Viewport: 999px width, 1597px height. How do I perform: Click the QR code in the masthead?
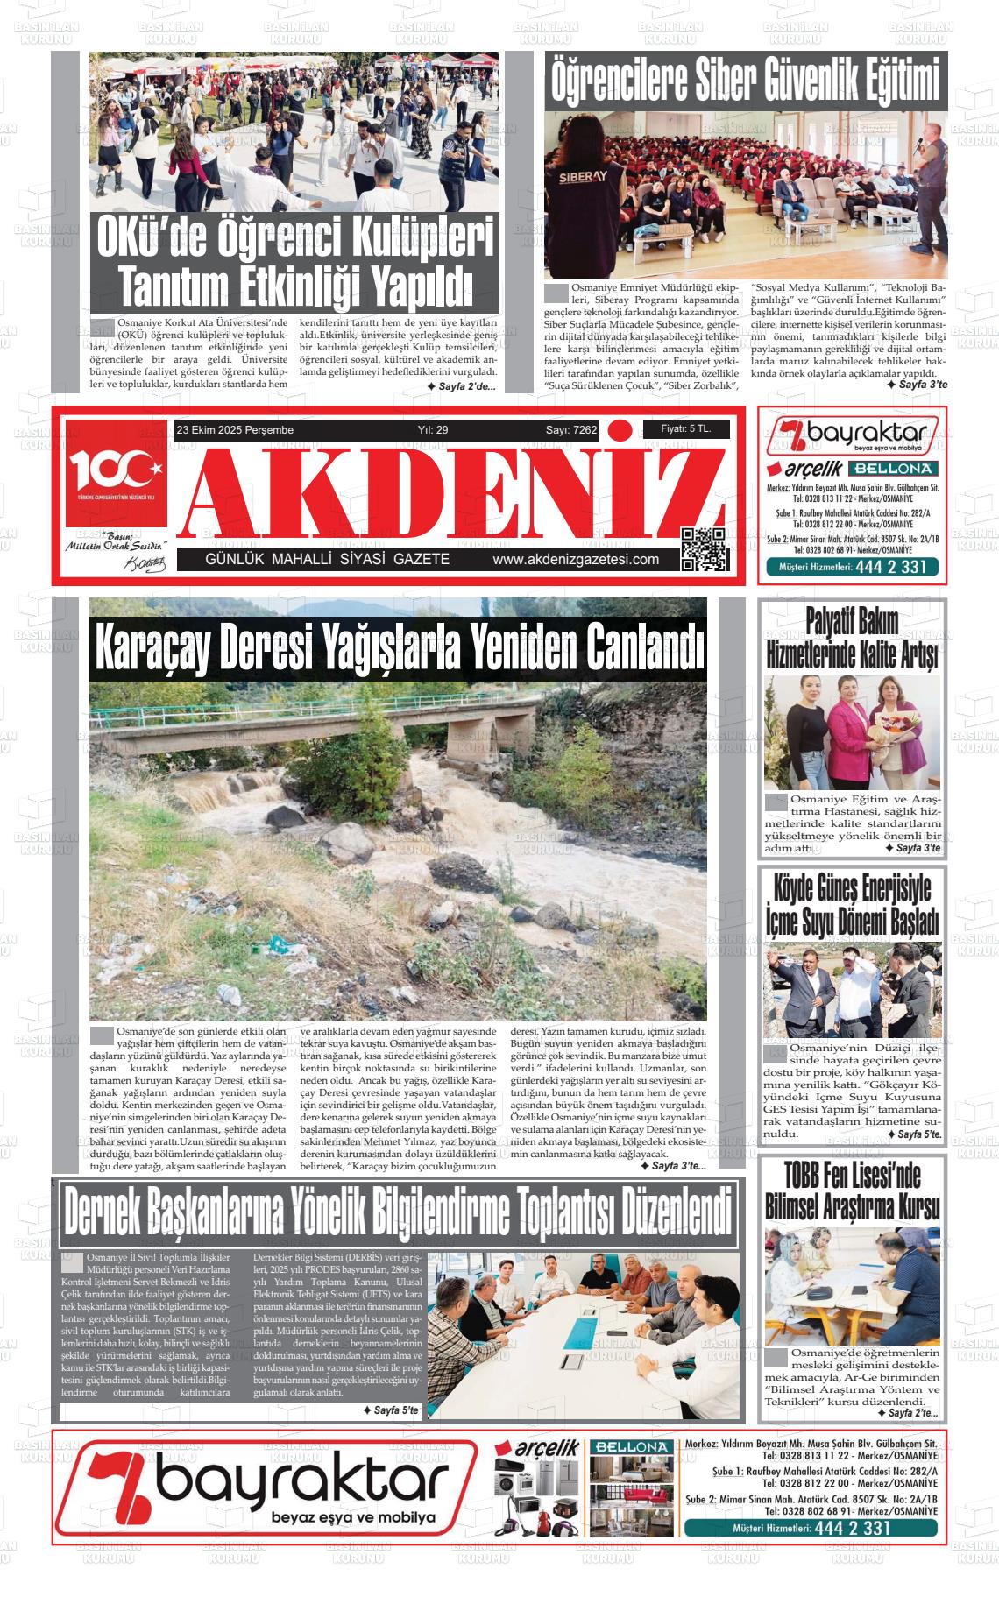[x=705, y=549]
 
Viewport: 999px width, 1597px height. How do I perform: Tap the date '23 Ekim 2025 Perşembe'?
[x=235, y=430]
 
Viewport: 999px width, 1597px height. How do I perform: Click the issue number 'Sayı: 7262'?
[x=571, y=430]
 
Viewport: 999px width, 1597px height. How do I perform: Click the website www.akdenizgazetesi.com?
[x=576, y=560]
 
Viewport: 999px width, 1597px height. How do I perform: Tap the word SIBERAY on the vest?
[x=583, y=177]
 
